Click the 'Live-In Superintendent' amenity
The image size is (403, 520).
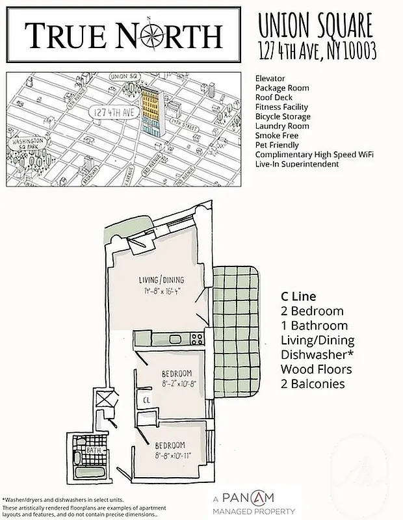tap(297, 164)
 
